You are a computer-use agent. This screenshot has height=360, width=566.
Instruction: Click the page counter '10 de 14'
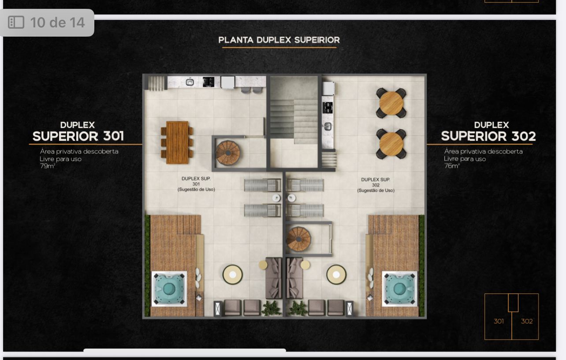click(57, 22)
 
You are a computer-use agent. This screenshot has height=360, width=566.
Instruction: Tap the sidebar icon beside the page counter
click(16, 22)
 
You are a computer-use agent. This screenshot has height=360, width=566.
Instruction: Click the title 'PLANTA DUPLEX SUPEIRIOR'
click(279, 40)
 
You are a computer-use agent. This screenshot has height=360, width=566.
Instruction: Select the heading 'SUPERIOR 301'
click(78, 136)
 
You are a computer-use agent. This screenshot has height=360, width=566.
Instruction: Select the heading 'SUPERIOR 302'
click(488, 136)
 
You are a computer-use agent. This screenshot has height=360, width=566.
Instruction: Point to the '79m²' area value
click(48, 166)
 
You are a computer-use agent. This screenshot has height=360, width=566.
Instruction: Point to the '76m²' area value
click(452, 165)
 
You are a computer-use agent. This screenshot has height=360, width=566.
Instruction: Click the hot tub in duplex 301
click(169, 289)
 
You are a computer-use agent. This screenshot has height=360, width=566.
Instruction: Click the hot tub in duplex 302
click(399, 289)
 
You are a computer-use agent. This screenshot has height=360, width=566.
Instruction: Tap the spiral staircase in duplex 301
click(227, 153)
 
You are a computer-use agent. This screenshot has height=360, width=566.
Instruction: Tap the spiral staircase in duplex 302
click(299, 239)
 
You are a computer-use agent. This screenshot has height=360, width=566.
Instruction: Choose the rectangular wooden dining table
click(177, 142)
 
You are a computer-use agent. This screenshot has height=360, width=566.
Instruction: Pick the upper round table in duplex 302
click(391, 103)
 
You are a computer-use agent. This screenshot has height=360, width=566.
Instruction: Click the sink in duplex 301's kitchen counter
click(190, 82)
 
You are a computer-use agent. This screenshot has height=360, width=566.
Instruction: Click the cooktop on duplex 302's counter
click(328, 108)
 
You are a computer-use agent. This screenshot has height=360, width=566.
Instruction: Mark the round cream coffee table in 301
click(233, 274)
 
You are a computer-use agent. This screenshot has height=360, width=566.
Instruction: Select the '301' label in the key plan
click(499, 321)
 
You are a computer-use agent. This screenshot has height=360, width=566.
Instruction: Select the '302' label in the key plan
click(527, 321)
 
